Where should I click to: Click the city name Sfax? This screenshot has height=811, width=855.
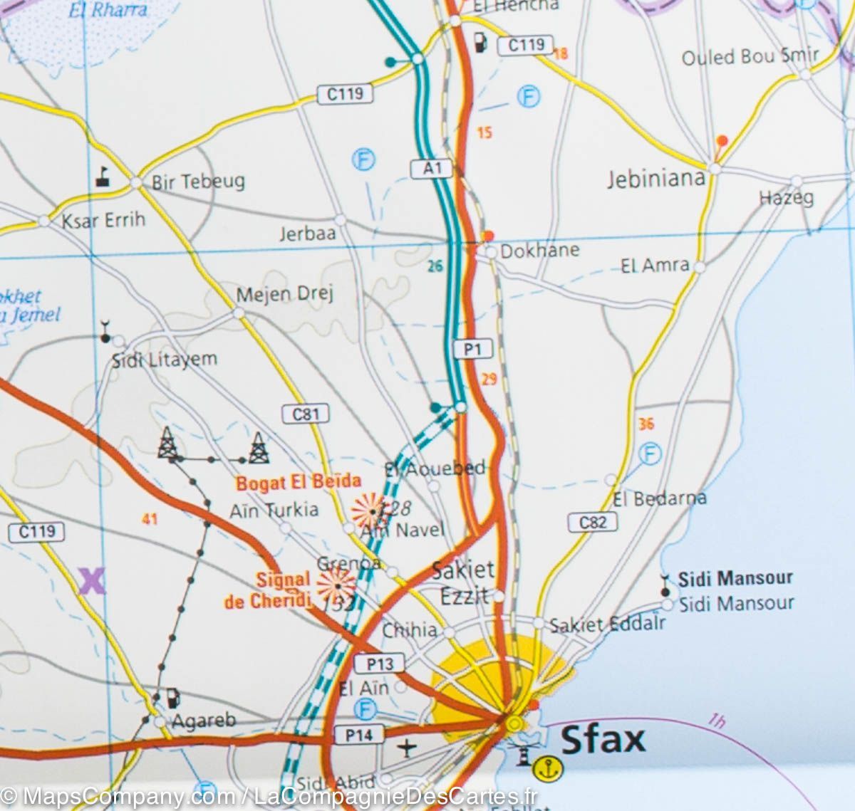603,739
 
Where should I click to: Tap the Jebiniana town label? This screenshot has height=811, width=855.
655,178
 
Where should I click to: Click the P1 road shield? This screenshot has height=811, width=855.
473,349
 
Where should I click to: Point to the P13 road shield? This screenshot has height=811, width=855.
379,664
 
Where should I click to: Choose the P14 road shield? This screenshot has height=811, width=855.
359,734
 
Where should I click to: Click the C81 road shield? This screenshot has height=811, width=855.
306,414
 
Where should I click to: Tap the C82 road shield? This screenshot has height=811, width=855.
592,522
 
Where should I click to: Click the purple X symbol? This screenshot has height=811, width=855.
92,581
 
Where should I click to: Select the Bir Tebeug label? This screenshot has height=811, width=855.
197,182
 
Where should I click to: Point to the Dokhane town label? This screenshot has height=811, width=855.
540,250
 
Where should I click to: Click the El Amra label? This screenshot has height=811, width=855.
655,266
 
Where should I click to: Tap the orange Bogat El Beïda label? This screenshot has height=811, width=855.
299,482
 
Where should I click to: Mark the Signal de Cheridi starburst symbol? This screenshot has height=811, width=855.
336,585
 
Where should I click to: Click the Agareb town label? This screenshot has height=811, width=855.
204,721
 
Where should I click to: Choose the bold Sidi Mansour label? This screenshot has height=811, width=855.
735,578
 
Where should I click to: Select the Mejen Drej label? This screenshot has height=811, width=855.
285,294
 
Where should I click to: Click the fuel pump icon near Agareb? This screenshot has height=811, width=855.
172,698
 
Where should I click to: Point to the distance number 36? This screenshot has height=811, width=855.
646,424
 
